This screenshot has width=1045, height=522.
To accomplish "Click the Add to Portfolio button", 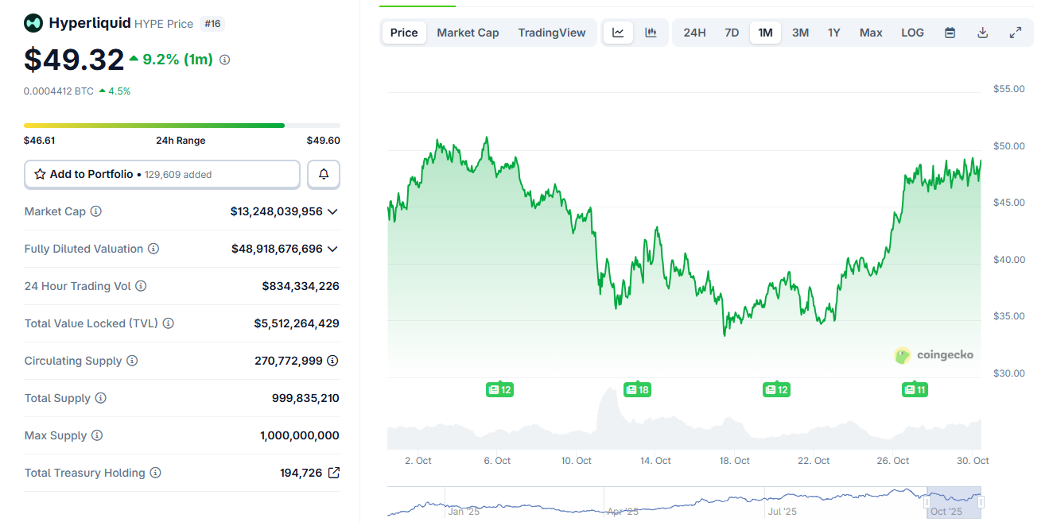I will [x=162, y=174].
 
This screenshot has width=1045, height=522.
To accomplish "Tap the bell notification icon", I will [x=324, y=174].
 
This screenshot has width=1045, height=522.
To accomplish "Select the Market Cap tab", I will [x=468, y=33].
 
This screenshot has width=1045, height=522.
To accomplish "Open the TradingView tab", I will [x=551, y=33].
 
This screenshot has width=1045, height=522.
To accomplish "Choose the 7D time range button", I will [x=732, y=33].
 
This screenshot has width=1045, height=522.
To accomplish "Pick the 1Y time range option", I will [x=833, y=33].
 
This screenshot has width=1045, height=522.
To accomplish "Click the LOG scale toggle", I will [x=912, y=33].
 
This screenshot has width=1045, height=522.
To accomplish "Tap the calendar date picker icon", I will [x=950, y=33].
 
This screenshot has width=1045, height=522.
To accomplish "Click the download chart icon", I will [x=982, y=33].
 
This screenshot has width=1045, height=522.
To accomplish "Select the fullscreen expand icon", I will [x=1015, y=33].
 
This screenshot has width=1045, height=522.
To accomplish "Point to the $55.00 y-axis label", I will [x=1008, y=89].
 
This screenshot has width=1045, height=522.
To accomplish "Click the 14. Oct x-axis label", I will [x=656, y=461].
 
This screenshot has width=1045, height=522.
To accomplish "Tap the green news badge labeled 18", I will [x=637, y=389].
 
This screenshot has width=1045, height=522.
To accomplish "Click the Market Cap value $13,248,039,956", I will [x=277, y=211].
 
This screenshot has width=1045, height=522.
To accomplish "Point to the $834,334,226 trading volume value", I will [x=301, y=286].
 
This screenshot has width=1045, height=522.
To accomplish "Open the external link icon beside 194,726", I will [x=334, y=473].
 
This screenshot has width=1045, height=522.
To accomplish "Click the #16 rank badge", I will [x=213, y=24].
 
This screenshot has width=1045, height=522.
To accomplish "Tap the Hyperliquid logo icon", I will [x=33, y=23].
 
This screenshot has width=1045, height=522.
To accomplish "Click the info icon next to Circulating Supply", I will [x=132, y=361].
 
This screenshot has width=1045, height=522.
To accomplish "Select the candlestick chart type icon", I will [x=651, y=33].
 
